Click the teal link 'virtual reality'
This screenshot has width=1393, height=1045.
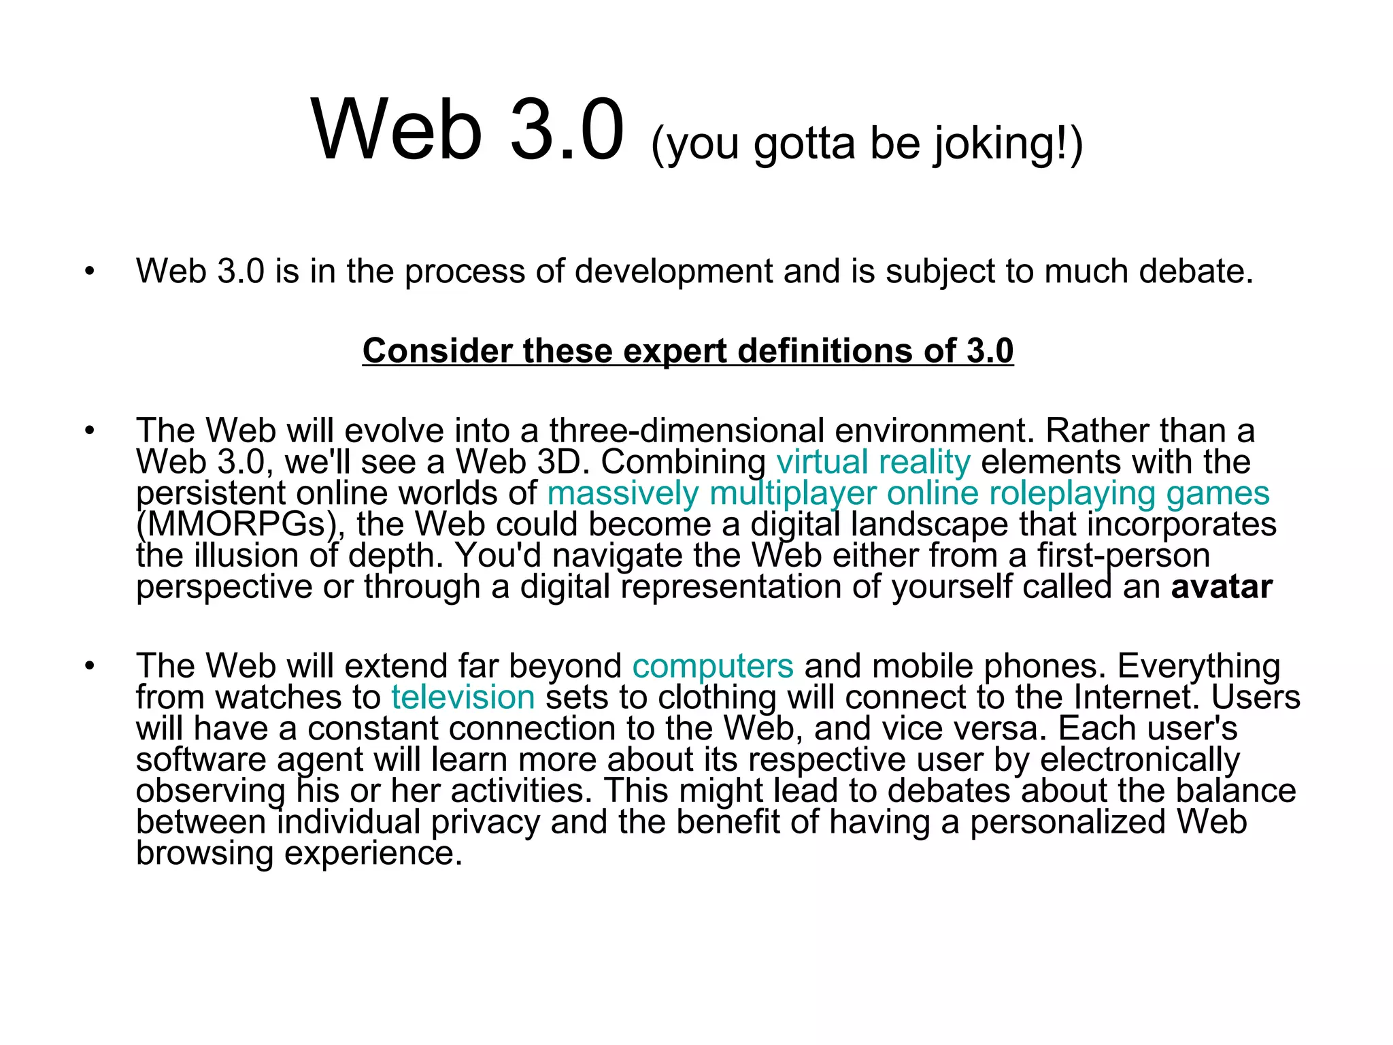pos(873,463)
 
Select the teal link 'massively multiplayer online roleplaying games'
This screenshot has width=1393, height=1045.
pos(908,494)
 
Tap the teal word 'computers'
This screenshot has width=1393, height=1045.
pos(712,667)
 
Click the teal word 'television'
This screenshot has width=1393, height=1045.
pos(463,698)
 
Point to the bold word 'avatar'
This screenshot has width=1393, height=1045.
pos(1221,587)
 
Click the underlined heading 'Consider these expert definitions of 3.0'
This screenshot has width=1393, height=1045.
pos(688,352)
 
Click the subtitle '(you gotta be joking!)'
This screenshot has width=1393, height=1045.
pos(866,144)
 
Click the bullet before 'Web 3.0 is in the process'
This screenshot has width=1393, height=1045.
pos(90,272)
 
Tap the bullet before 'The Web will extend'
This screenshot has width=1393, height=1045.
pos(90,667)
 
